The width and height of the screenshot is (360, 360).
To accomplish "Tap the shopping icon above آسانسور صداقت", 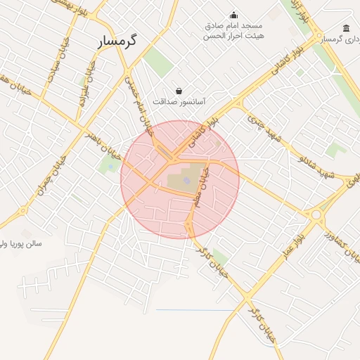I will (179, 91).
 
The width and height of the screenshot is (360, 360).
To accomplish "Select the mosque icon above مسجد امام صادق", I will (234, 15).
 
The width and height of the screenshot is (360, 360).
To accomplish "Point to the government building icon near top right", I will (347, 29).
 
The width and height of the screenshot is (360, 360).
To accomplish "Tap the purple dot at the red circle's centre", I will (186, 181).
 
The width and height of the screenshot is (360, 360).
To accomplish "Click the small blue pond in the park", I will (115, 167).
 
